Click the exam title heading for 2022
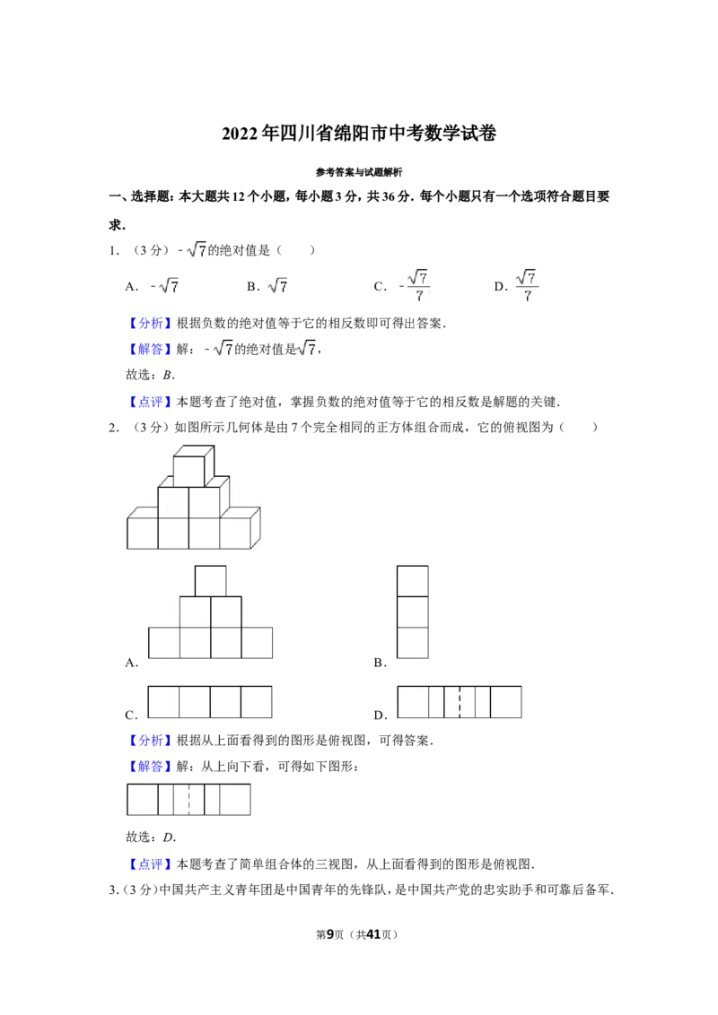coord(359,134)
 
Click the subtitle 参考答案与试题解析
coord(359,172)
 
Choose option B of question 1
coord(267,286)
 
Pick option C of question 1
coord(402,285)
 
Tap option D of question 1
coord(516,285)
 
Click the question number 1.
coord(113,250)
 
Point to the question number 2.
coord(113,427)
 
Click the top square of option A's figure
coord(211,581)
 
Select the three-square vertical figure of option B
coord(413,612)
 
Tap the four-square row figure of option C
coord(210,702)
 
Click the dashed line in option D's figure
coord(460,702)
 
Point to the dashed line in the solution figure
coord(188,800)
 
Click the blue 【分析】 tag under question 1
coord(150,323)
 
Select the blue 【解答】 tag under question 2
coord(150,767)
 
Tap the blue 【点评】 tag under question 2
coord(150,864)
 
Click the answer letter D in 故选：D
coord(169,837)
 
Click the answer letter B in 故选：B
coord(168,375)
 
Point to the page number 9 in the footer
coord(330,934)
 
